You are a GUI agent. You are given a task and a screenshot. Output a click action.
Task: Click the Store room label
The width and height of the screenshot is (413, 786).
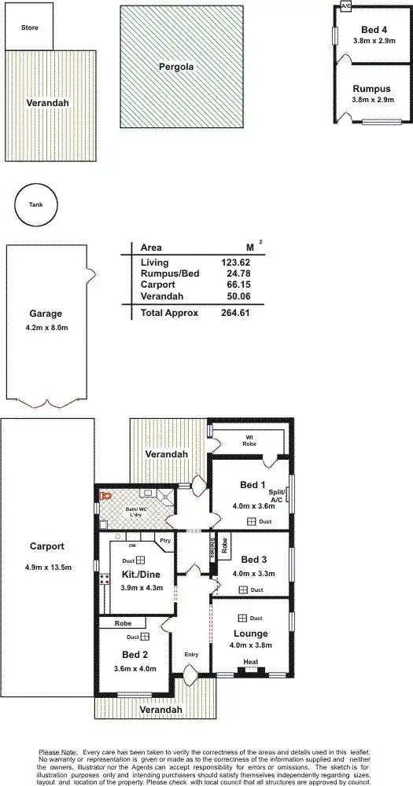29,28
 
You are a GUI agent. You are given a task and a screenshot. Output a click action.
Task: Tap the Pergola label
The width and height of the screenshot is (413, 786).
175,68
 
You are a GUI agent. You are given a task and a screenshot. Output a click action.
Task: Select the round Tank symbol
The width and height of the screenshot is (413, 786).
36,205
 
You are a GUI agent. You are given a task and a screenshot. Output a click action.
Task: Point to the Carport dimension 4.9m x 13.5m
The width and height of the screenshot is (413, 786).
47,566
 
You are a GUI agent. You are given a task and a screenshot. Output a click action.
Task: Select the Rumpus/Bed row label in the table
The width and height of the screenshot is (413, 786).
169,274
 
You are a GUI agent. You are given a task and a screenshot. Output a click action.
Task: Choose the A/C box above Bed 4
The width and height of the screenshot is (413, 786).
345,6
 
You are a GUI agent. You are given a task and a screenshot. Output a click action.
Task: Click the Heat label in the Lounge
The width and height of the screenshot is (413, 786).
251,662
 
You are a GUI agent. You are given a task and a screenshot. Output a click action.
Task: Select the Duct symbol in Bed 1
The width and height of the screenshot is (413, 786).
251,521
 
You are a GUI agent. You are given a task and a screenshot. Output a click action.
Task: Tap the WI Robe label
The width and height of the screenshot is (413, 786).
249,440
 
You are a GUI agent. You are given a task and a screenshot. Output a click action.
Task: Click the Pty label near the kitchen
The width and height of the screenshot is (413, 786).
164,541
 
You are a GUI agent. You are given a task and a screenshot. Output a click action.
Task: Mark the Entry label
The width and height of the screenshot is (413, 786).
191,654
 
